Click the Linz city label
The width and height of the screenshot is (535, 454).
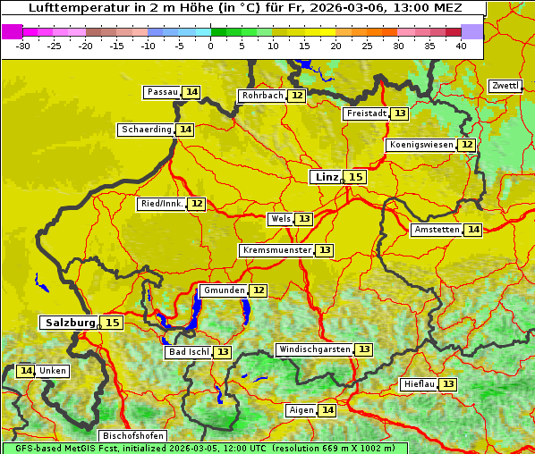(x=327, y=177)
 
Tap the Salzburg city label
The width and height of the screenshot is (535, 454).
(x=70, y=323)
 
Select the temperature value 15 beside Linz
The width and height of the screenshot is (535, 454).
(x=356, y=177)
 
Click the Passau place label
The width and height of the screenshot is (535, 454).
(x=163, y=92)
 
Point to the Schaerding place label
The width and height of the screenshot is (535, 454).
(x=147, y=130)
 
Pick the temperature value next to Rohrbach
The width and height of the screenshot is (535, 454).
(x=297, y=96)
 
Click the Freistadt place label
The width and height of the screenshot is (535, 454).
(x=366, y=113)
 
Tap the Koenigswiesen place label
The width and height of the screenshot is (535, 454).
(x=420, y=145)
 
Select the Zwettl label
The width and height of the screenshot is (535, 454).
(x=505, y=86)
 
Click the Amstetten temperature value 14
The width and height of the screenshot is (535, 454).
(x=472, y=230)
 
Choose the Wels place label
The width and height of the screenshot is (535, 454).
(x=280, y=219)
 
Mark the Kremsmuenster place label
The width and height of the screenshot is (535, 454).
(x=276, y=250)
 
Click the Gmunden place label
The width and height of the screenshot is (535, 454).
(x=223, y=290)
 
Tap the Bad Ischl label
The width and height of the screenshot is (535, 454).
(x=188, y=352)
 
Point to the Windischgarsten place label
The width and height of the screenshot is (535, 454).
(x=314, y=349)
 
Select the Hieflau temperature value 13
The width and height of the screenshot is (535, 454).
(x=447, y=384)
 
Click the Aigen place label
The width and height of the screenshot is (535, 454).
(x=301, y=410)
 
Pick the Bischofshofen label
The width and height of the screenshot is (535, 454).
(x=132, y=436)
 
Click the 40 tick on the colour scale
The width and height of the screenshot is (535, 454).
(x=461, y=46)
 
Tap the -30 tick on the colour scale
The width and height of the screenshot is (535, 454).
(x=23, y=46)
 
